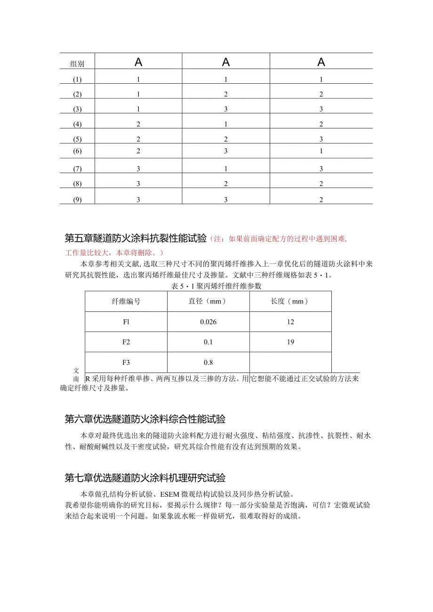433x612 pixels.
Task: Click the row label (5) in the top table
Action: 78,139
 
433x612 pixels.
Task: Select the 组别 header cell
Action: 77,64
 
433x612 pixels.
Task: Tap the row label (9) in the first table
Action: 78,200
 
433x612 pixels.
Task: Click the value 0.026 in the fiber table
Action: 208,322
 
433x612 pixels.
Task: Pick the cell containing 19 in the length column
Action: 290,342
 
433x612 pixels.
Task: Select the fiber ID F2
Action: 126,342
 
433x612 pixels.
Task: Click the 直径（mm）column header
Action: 208,302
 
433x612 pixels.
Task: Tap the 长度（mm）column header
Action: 290,302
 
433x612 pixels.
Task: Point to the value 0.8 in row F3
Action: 208,362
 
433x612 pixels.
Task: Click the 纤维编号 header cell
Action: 126,302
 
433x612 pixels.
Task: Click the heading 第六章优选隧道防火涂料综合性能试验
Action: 145,419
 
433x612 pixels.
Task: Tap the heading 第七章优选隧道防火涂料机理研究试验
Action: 145,478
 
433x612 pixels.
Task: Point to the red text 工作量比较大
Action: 87,252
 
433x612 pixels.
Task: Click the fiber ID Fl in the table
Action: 126,322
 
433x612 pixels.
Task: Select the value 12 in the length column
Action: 290,322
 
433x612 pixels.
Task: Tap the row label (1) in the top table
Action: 78,79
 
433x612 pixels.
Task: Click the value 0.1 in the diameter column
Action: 208,342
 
